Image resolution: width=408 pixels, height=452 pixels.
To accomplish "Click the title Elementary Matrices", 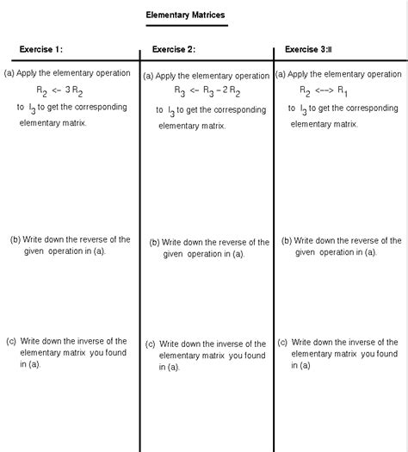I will click(x=186, y=16).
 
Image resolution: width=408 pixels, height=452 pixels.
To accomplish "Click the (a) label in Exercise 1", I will click(x=9, y=73).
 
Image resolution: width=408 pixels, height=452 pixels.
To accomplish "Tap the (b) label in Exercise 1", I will click(x=15, y=240).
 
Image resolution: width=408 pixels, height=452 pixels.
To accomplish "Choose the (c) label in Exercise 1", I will click(x=12, y=341).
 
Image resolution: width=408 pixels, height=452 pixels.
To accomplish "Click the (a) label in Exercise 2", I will click(x=148, y=76).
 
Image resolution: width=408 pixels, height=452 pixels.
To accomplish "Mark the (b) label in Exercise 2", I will click(x=154, y=243).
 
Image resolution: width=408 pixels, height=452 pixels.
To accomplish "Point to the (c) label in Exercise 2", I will click(x=150, y=344).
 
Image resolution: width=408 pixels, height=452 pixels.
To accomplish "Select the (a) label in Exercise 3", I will click(x=281, y=73).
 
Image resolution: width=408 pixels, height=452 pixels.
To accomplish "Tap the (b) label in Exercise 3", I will click(x=287, y=240).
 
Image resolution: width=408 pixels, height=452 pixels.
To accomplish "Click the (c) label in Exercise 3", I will click(x=282, y=342).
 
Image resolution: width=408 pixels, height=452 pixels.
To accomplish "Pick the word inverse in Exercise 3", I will click(x=365, y=342).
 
